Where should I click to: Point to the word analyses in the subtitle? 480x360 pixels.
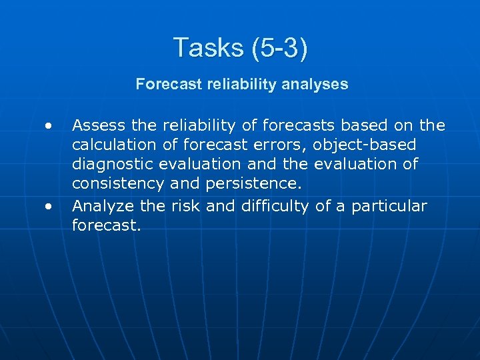[x=317, y=84]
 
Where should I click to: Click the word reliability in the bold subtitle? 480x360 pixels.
[x=242, y=84]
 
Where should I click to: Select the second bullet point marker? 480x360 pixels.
[x=48, y=207]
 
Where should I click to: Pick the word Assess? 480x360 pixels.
[x=94, y=125]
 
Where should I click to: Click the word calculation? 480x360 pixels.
[x=115, y=145]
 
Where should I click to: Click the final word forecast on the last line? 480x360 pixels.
[x=105, y=226]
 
